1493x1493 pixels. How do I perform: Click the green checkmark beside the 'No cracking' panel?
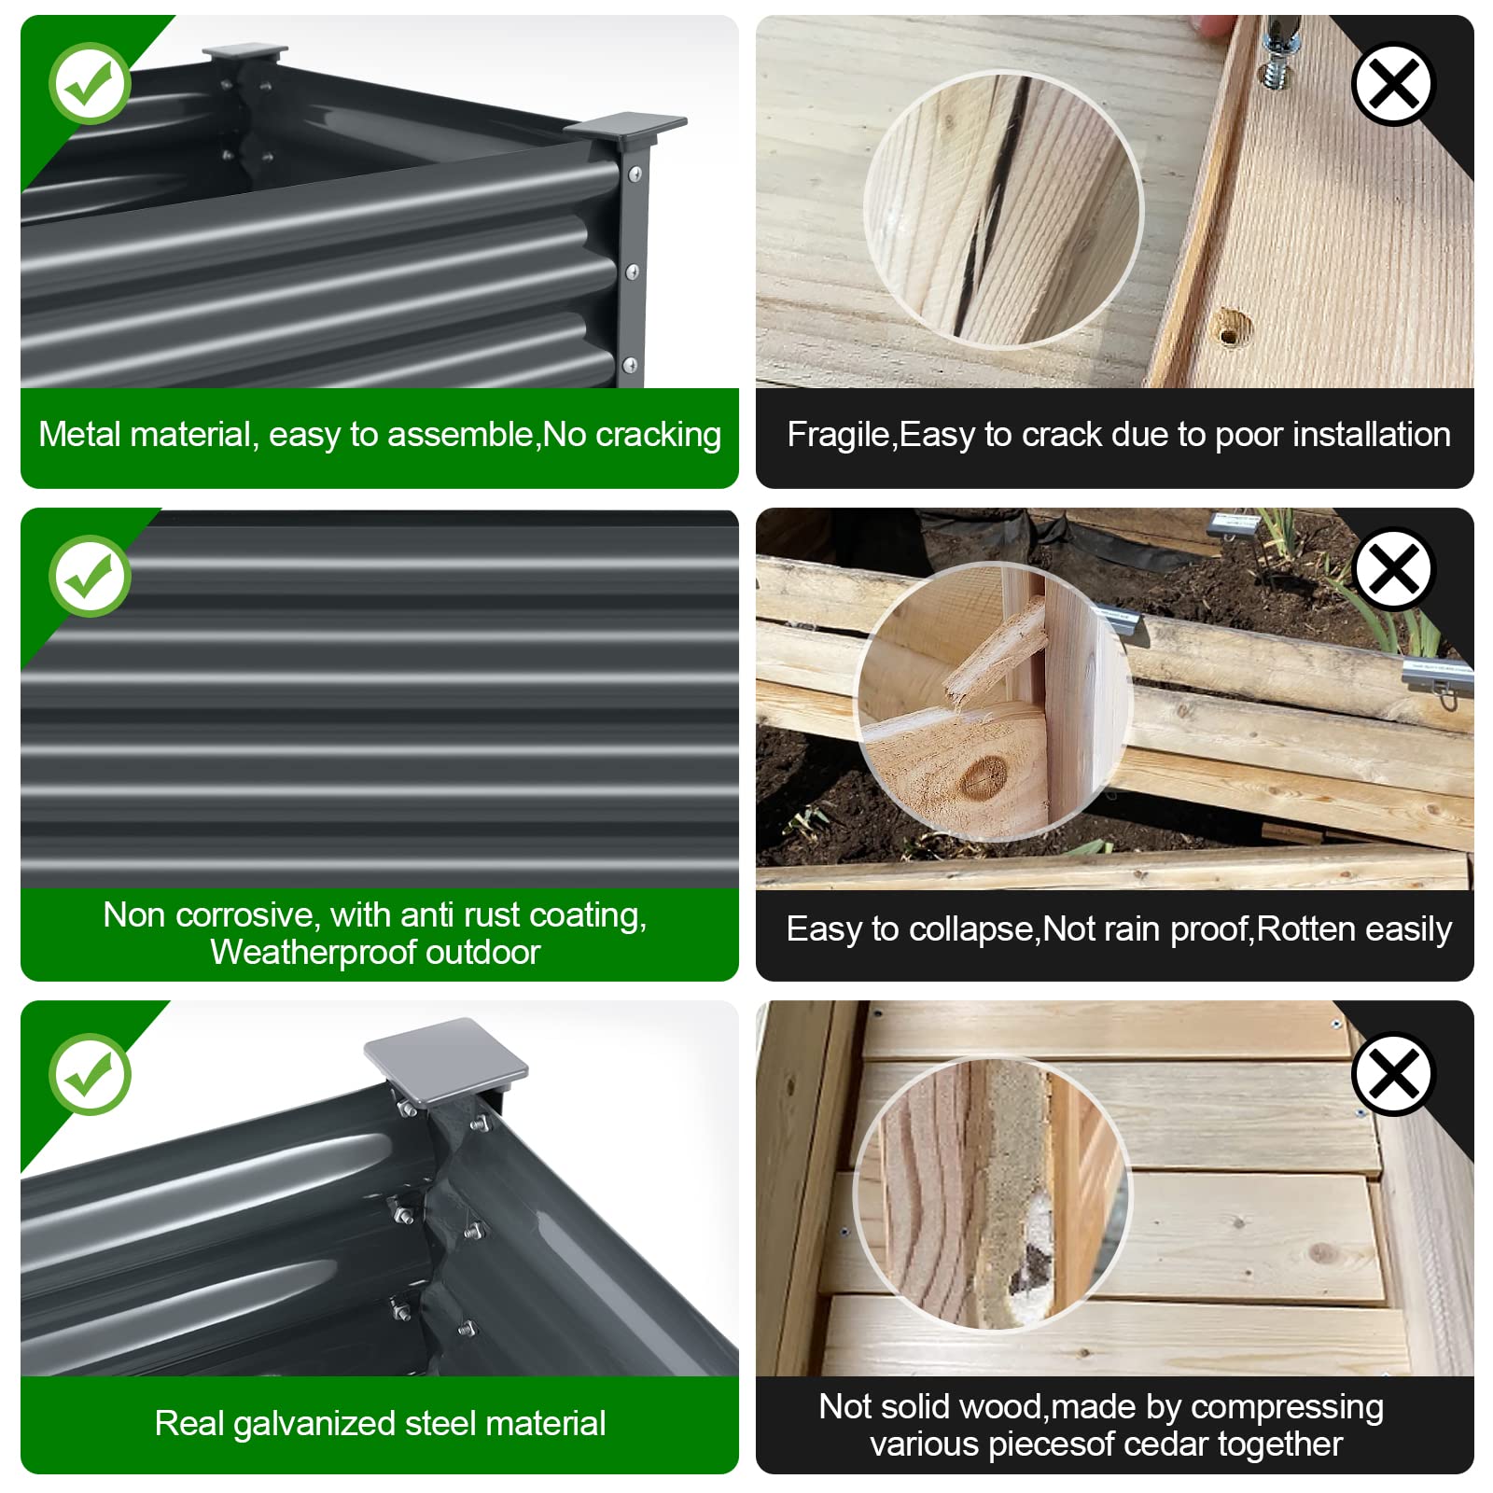pos(90,83)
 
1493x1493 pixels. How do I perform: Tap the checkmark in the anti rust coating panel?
pos(90,576)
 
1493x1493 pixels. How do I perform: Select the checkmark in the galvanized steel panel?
pos(90,1074)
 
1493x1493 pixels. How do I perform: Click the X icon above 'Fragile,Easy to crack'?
pos(1392,84)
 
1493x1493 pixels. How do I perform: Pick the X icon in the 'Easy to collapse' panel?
pos(1392,569)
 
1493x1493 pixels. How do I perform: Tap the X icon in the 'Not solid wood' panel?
pos(1392,1074)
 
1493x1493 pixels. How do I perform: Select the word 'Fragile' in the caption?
pos(838,436)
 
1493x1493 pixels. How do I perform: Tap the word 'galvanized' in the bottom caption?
pos(314,1424)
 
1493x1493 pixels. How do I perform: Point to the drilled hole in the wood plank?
pos(1231,328)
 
